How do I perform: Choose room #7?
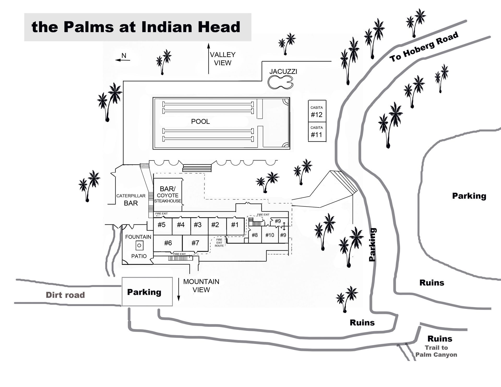pyautogui.click(x=195, y=243)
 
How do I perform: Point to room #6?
pyautogui.click(x=168, y=243)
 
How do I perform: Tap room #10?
pyautogui.click(x=270, y=235)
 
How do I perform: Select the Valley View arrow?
pyautogui.click(x=208, y=59)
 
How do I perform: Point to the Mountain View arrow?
pyautogui.click(x=179, y=290)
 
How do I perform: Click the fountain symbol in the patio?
pyautogui.click(x=139, y=245)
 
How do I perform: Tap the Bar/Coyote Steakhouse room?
pyautogui.click(x=167, y=195)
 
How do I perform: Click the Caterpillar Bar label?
pyautogui.click(x=131, y=200)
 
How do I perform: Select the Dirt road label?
pyautogui.click(x=65, y=295)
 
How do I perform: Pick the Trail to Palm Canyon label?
pyautogui.click(x=436, y=351)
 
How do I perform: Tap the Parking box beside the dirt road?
pyautogui.click(x=147, y=291)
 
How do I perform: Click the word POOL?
pyautogui.click(x=200, y=122)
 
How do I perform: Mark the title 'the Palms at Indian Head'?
pyautogui.click(x=136, y=27)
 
